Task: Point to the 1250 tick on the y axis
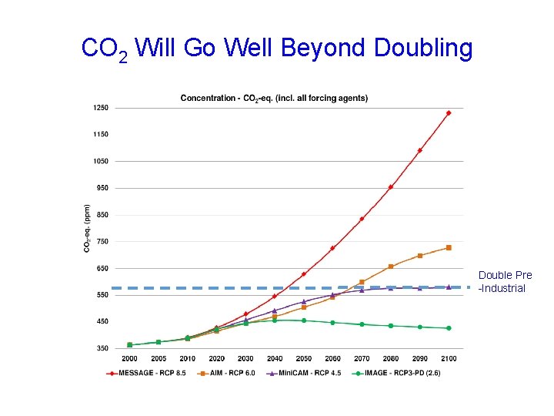click(x=102, y=108)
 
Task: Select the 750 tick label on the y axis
click(x=102, y=242)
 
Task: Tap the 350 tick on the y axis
click(x=102, y=348)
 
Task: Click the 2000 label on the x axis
click(x=129, y=358)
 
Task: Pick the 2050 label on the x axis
click(x=303, y=358)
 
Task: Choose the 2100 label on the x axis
click(x=449, y=358)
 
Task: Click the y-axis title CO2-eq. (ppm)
click(x=87, y=228)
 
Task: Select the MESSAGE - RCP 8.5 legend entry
click(x=147, y=374)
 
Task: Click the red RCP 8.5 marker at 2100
click(x=449, y=113)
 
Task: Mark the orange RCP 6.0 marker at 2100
click(x=449, y=248)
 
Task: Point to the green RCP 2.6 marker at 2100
click(x=449, y=328)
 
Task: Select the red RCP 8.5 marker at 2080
click(x=391, y=187)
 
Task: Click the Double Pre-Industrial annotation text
click(x=505, y=282)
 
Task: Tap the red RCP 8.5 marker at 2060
click(x=332, y=248)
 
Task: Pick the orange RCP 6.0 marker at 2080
click(x=391, y=267)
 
